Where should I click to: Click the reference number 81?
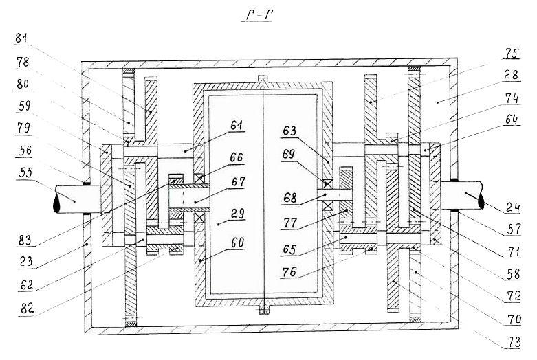[21, 38]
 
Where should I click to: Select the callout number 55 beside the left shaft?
[25, 173]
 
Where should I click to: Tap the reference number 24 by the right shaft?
[513, 207]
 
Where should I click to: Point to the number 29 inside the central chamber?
[237, 213]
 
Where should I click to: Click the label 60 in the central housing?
[237, 243]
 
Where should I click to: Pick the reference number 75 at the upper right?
[513, 54]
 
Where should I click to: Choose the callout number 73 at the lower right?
[514, 341]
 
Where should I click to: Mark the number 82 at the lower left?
[28, 308]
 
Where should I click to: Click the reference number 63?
[289, 131]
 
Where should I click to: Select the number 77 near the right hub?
[290, 223]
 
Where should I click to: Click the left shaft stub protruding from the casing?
[78, 199]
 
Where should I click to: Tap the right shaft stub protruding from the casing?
[462, 195]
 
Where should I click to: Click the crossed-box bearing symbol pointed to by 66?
[199, 179]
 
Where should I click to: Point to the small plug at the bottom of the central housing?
[263, 309]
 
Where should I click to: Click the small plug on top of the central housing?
[263, 78]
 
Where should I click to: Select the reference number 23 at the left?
[26, 262]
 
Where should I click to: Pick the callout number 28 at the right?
[512, 75]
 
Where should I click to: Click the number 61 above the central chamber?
[237, 126]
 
